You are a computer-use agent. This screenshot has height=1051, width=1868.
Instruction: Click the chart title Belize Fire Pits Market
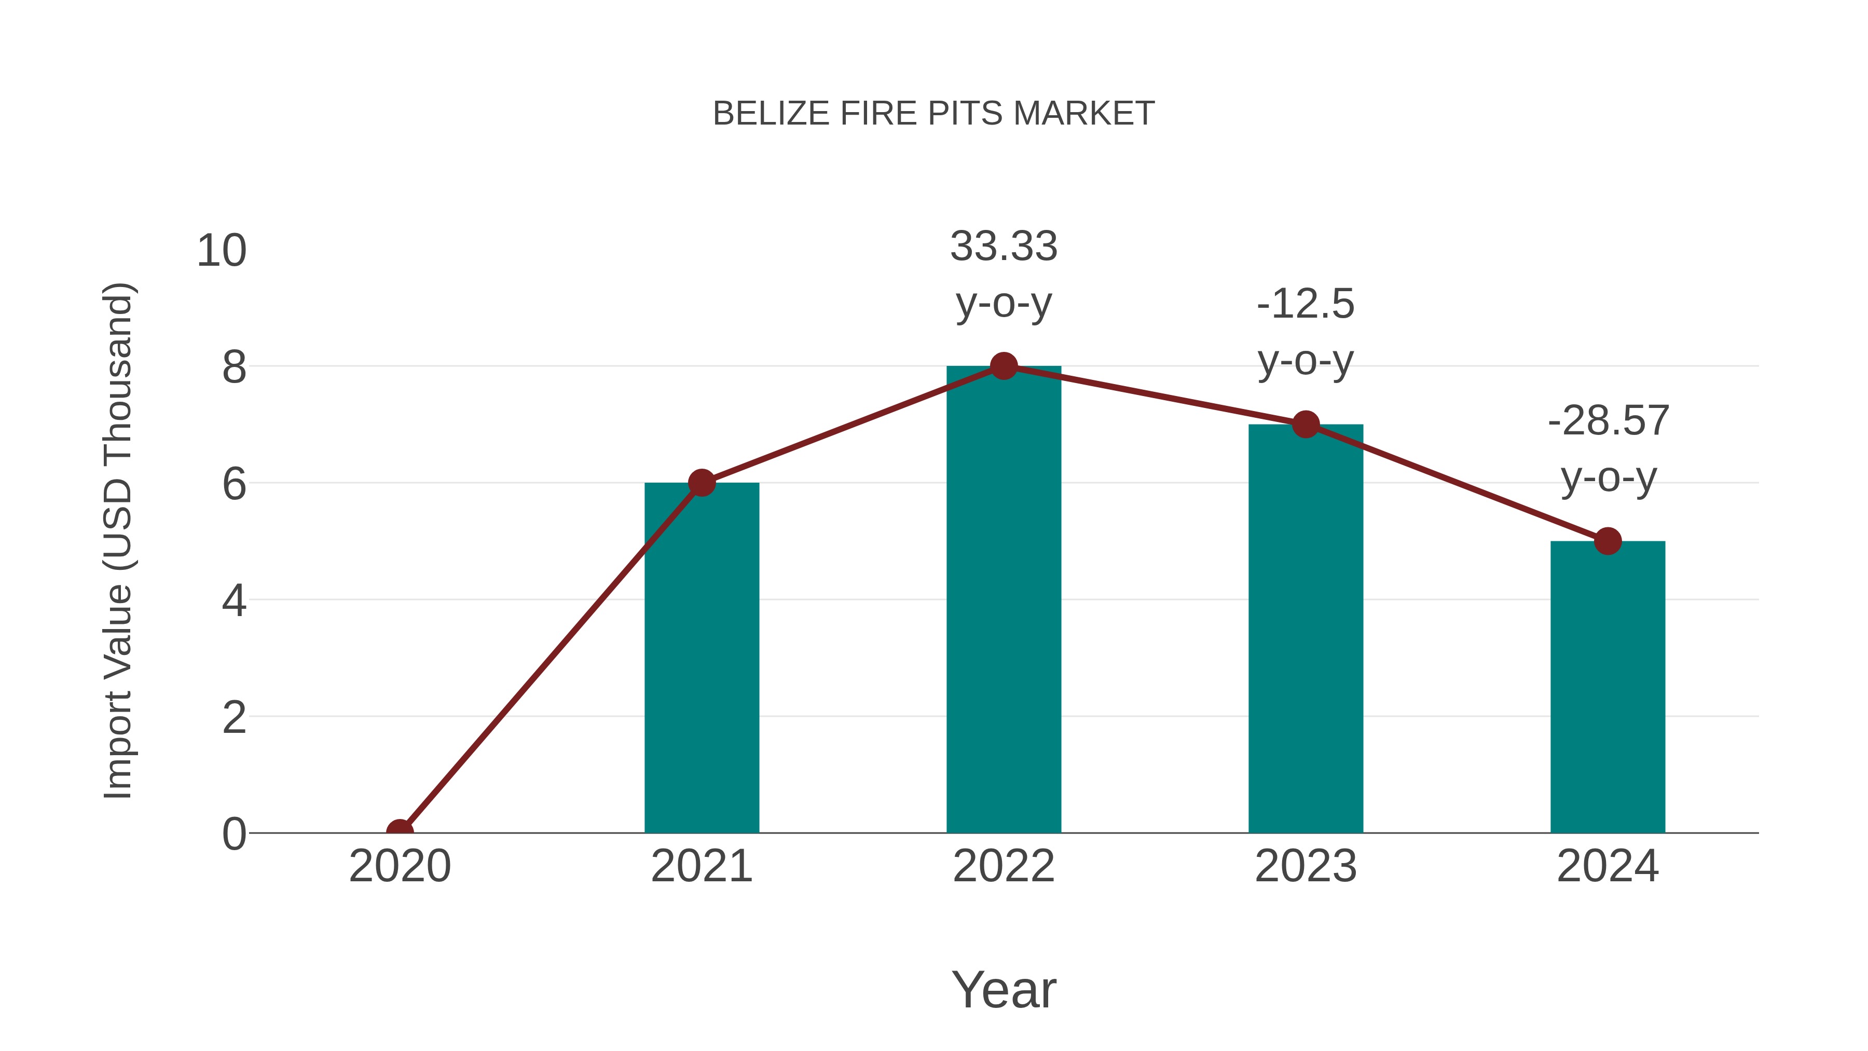(933, 114)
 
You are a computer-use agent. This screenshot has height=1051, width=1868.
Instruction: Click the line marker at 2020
(400, 831)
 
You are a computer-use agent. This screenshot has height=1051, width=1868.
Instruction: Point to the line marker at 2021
(701, 482)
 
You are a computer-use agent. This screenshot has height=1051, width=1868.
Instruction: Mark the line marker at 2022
(1004, 366)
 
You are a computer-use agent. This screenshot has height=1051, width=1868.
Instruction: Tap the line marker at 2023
(1306, 425)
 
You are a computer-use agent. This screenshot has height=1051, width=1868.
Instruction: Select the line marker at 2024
(1608, 541)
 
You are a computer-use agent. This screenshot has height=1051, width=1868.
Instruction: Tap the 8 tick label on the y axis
(233, 368)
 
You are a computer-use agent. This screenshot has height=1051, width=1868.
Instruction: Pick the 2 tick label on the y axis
(233, 718)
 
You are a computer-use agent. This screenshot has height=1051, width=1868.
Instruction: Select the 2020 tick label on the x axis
(400, 866)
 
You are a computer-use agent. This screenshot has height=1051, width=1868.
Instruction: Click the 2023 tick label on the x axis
(1306, 866)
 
